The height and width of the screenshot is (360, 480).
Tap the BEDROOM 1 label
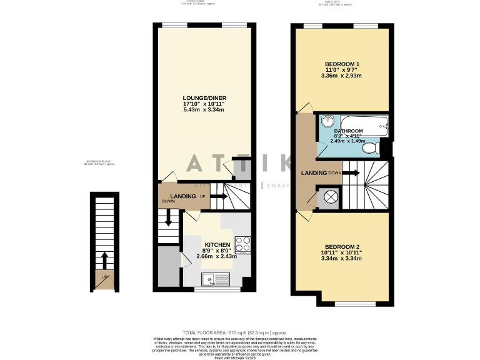point(341,64)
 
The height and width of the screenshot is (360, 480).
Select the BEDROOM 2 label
point(341,246)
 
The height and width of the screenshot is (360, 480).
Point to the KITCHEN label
point(217,244)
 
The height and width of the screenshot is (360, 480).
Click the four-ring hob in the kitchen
point(243,244)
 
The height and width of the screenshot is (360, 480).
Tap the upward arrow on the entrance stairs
point(104,258)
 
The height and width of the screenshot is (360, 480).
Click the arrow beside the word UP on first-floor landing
point(218,197)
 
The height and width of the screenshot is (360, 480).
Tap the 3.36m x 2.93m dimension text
point(341,76)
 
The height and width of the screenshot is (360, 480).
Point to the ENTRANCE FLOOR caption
point(100,163)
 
